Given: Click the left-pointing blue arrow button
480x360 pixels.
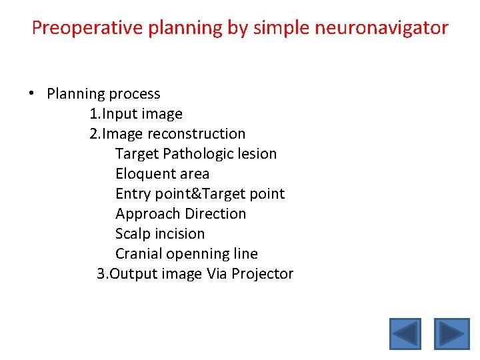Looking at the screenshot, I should pyautogui.click(x=405, y=334).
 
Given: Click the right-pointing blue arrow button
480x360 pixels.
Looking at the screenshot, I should pyautogui.click(x=452, y=334).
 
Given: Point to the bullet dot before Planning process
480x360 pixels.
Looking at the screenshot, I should pyautogui.click(x=32, y=94).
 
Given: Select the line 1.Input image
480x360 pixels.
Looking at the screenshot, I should pyautogui.click(x=136, y=114).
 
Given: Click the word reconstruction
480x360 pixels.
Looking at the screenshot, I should pyautogui.click(x=196, y=134).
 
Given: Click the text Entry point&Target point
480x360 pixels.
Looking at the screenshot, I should pyautogui.click(x=200, y=194).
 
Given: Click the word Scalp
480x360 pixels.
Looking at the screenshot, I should pyautogui.click(x=133, y=234).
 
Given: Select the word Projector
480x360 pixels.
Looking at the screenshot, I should pyautogui.click(x=262, y=274).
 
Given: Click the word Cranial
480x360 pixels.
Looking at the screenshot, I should pyautogui.click(x=139, y=254).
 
